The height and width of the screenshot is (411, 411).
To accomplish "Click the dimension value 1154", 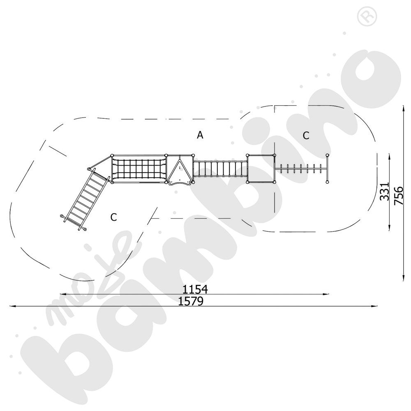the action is coord(195,289).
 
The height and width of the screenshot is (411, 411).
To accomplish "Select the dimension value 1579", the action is coord(191,301).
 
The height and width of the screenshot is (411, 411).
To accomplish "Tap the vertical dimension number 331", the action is coord(385,192).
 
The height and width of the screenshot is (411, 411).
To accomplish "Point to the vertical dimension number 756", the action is coord(398,196).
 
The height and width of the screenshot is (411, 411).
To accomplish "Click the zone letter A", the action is coord(200,135).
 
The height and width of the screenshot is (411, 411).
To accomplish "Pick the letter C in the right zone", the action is coord(306,136).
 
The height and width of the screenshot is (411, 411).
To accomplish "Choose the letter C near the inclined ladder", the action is coord(113,217).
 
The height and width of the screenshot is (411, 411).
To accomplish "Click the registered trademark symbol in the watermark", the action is coord(367,16).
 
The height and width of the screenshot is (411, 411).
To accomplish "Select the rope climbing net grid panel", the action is coord(139,169).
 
